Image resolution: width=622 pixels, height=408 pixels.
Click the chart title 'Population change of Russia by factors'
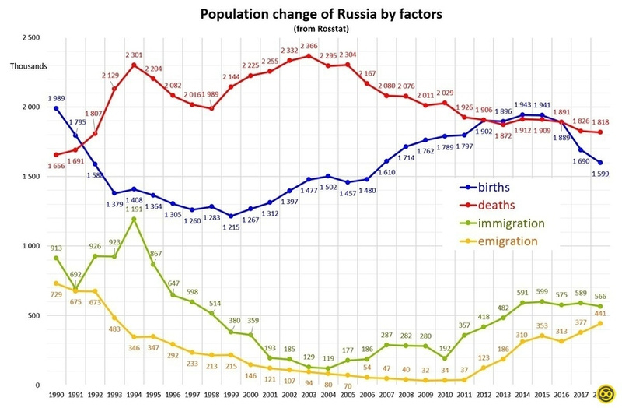pos(310,14)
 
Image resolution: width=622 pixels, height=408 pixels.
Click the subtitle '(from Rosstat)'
pos(310,29)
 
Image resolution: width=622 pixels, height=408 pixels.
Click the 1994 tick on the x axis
pos(135,396)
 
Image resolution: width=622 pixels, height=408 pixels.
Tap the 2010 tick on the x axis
pos(444,396)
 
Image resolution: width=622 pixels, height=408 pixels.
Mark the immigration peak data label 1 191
pos(135,209)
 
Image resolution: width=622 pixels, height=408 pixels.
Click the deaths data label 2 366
pos(309,46)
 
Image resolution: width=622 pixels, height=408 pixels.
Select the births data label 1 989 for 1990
pos(57,98)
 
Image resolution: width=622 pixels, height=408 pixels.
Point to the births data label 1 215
pos(232,227)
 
